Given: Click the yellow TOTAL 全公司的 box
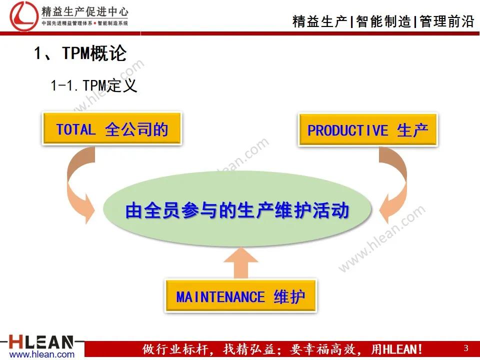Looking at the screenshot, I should [112, 129].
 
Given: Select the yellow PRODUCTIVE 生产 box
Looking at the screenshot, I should [368, 130].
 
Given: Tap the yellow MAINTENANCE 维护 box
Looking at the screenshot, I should [240, 296].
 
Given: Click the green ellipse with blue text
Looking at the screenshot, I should [237, 210].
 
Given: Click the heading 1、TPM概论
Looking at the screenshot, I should [80, 53].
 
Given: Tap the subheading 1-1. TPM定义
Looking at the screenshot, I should [93, 85].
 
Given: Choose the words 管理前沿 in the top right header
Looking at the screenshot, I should [446, 21].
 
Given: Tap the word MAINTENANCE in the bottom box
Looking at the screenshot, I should [220, 297].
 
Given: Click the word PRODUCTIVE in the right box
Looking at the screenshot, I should [347, 130].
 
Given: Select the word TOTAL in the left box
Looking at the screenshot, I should [75, 129].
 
